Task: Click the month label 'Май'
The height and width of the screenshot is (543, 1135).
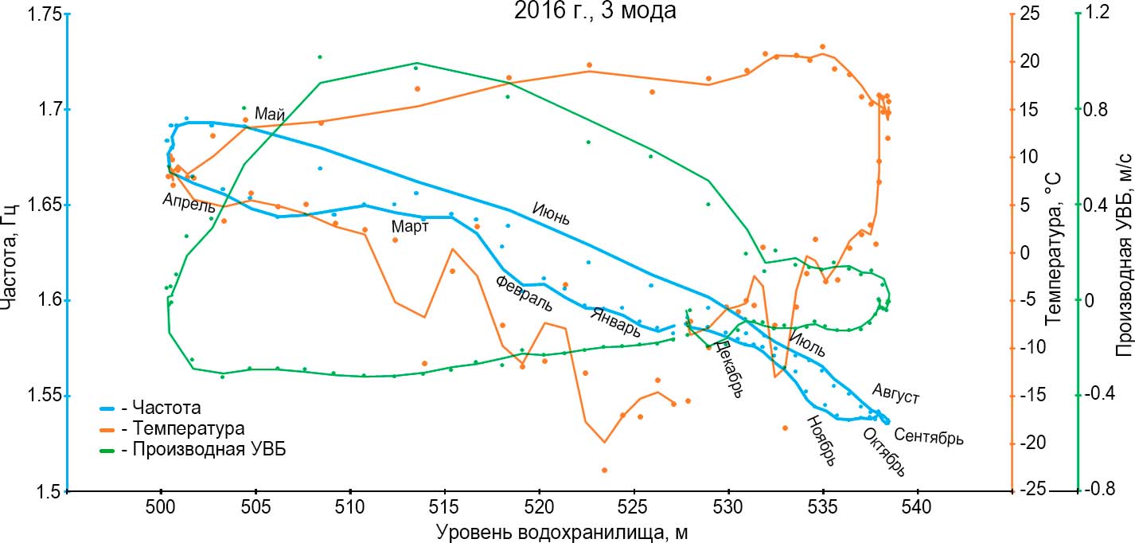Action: point(270,115)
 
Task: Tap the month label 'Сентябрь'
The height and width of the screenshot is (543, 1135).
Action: point(929,436)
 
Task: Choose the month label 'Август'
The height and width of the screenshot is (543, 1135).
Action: point(896,393)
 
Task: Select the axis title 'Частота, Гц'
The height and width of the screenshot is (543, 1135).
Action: point(11,252)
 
